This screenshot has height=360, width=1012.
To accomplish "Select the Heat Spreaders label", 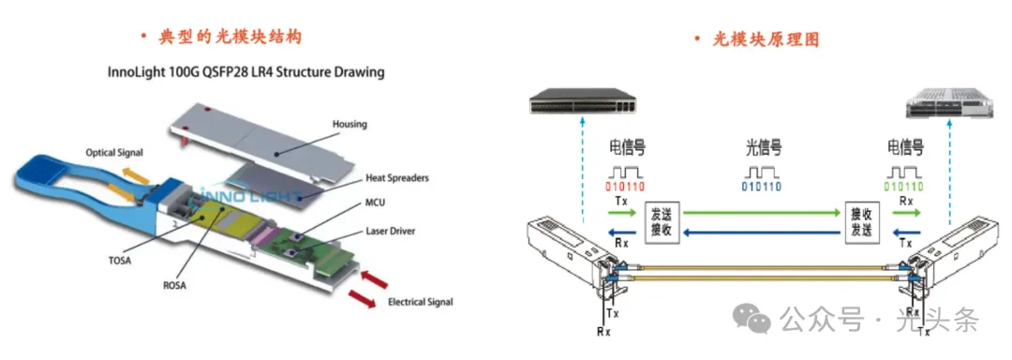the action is coord(397,177).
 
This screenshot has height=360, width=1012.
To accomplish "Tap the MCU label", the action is coord(377,203).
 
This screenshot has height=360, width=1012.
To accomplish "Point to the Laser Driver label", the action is coord(392,230).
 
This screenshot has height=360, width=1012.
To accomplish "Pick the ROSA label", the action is coord(173,286).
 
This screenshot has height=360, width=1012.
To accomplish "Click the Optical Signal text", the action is coord(114,153).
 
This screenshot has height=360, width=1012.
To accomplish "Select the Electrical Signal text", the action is coord(420,302).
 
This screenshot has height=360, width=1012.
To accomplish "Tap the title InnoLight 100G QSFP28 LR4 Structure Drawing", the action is coord(246,71).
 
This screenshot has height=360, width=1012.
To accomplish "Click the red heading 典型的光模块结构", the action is coord(231,37).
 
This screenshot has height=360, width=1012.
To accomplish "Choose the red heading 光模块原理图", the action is coord(766,40).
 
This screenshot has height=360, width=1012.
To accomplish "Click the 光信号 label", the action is coord(765,149).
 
